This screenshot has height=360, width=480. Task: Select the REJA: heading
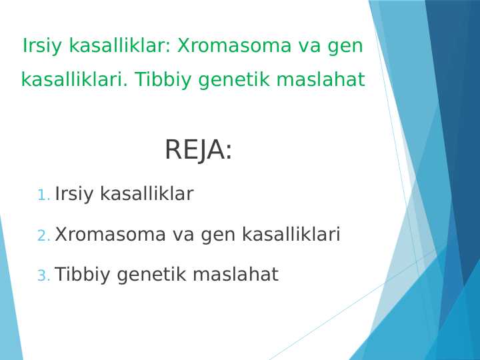198,151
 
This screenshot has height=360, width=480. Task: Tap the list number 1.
43,196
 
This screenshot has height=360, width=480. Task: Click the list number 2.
43,236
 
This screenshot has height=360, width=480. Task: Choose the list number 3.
43,276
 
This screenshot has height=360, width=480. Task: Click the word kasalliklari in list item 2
291,235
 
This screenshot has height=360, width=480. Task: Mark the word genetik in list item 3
149,275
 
